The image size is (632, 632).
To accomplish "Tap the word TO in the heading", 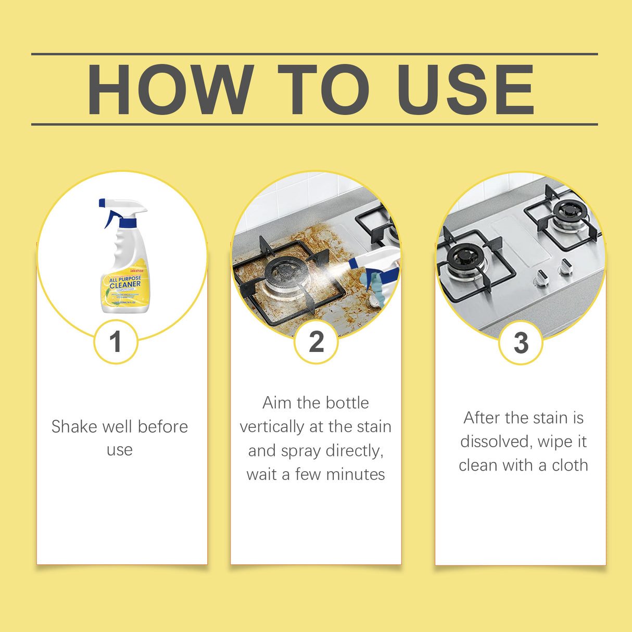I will click(x=323, y=90).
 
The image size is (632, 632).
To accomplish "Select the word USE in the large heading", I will click(x=465, y=90).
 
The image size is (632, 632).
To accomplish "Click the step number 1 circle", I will click(x=116, y=342).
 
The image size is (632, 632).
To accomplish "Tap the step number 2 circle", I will click(x=316, y=342).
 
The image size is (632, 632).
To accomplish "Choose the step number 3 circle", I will click(x=521, y=343).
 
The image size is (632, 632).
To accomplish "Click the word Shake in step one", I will click(x=74, y=426).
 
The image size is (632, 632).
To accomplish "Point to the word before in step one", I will click(x=162, y=426).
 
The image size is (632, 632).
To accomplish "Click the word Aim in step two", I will click(x=277, y=402).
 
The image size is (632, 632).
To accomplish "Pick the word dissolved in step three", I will click(x=496, y=441).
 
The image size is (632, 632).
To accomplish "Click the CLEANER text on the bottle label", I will click(x=125, y=285).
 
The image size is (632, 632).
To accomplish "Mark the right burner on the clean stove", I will click(x=569, y=211).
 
